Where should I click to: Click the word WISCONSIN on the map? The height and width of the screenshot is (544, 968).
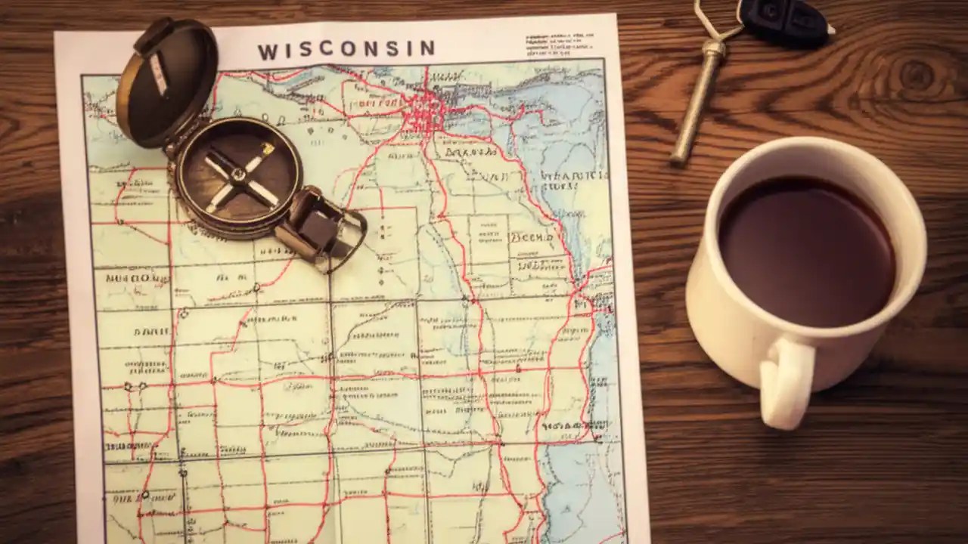(346, 50)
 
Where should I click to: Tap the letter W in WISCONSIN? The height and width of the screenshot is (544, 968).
(268, 52)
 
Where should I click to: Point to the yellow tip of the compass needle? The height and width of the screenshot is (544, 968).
(267, 148)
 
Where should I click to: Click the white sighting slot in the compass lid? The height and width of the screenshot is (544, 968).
(159, 73)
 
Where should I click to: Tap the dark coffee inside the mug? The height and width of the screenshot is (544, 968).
(806, 250)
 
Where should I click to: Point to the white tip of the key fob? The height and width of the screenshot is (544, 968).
(830, 30)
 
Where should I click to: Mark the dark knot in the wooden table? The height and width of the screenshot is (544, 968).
(916, 75)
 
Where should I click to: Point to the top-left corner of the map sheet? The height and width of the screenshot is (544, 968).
(56, 34)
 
